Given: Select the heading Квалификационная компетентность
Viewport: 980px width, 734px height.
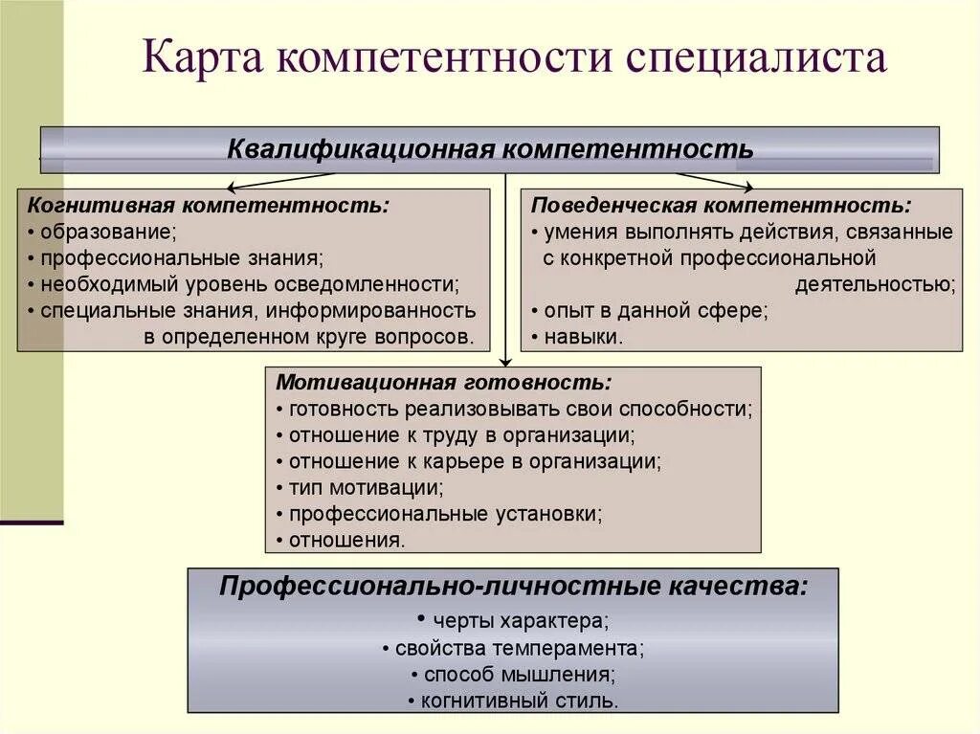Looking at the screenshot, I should pos(490,150).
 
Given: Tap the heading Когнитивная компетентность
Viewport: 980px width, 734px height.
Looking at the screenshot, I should pos(210,205).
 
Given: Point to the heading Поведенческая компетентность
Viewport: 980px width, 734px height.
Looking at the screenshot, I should pos(721,205).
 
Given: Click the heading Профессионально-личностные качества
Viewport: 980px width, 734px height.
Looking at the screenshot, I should pos(513,586).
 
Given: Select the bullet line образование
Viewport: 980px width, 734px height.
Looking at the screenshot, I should pos(105,232).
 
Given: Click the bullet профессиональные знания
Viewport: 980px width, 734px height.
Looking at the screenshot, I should pos(177,257).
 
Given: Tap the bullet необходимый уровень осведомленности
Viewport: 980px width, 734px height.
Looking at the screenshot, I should pos(245,284).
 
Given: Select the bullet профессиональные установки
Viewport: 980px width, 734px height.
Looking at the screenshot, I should pos(441,513).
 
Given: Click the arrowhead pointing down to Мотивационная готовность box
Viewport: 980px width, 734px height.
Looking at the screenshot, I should pos(506,362).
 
